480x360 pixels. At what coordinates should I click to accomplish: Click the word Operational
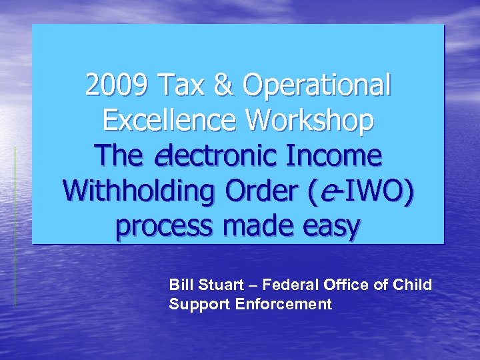tap(317, 86)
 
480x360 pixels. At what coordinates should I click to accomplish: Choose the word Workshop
tap(310, 121)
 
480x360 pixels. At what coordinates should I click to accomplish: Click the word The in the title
tap(119, 157)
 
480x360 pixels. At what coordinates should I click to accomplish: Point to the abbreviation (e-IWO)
tap(361, 192)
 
